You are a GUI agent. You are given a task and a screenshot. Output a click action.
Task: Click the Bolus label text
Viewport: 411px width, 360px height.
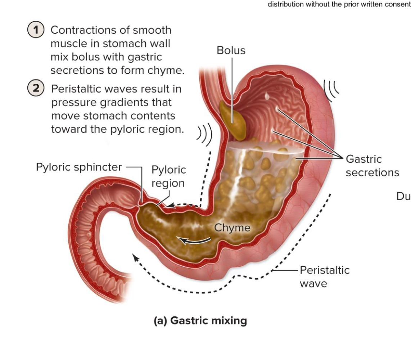[231, 50]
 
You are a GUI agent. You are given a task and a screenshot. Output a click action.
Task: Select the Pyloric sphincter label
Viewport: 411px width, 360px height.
[79, 167]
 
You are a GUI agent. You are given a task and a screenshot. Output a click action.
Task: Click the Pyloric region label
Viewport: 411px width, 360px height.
[168, 176]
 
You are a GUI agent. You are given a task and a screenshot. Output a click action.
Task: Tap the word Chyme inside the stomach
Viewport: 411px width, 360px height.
[232, 228]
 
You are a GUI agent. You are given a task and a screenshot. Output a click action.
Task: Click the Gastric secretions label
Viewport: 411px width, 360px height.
[372, 166]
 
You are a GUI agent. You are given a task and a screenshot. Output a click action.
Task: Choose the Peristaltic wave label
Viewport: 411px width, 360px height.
[324, 276]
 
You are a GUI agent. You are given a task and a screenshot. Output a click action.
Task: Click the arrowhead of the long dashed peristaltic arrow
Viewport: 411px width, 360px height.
[135, 256]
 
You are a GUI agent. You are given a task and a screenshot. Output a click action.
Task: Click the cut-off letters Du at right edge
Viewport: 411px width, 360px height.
[403, 197]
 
